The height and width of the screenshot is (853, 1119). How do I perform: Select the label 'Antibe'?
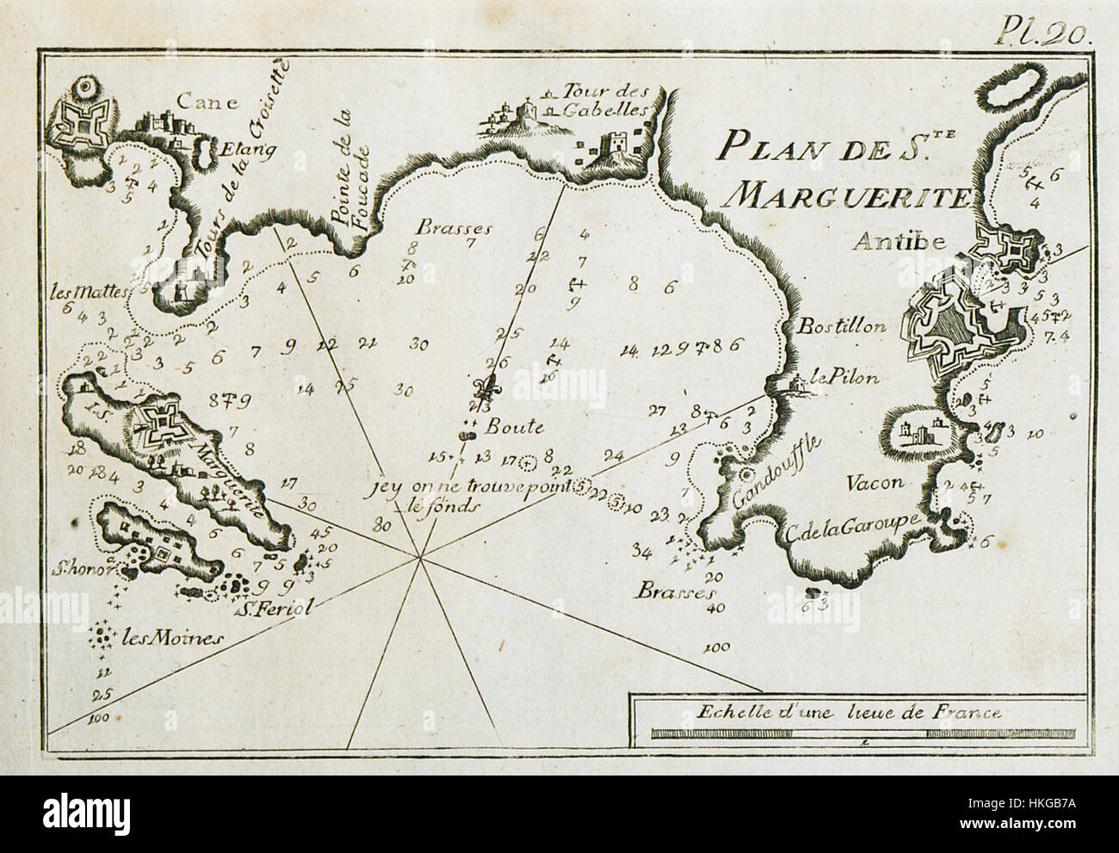[x=889, y=243]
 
